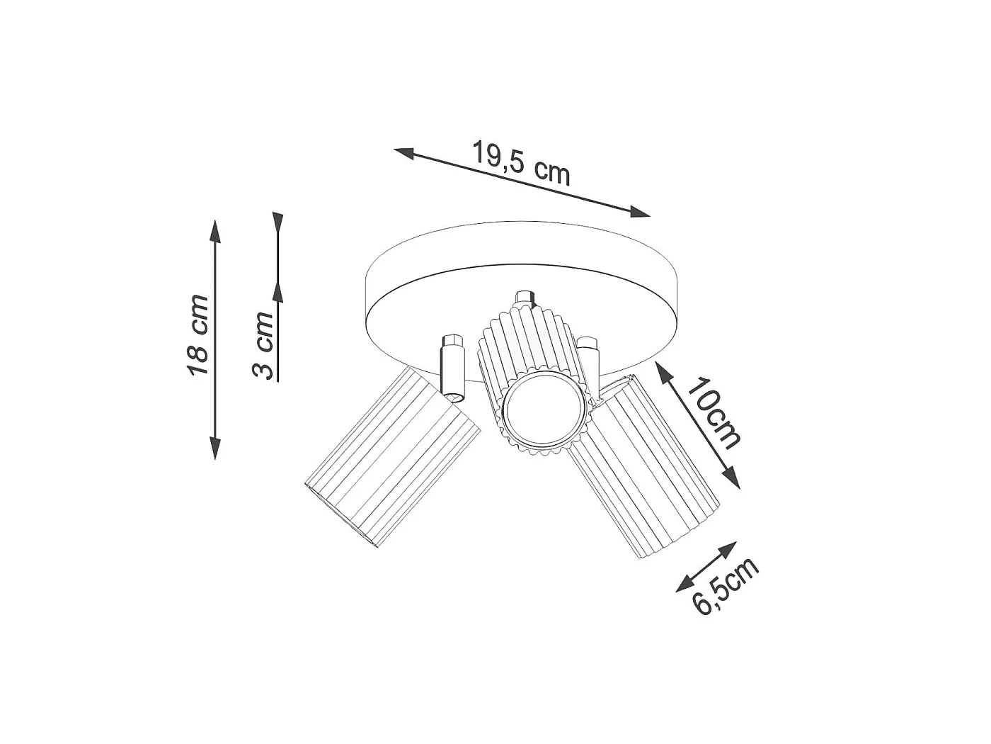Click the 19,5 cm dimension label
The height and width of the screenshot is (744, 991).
(522, 164)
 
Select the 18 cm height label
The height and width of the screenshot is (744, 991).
(197, 334)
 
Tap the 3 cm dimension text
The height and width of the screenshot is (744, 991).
(263, 346)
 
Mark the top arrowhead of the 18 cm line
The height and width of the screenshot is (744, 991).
(215, 231)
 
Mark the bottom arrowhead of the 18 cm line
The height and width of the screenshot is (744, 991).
(215, 448)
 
